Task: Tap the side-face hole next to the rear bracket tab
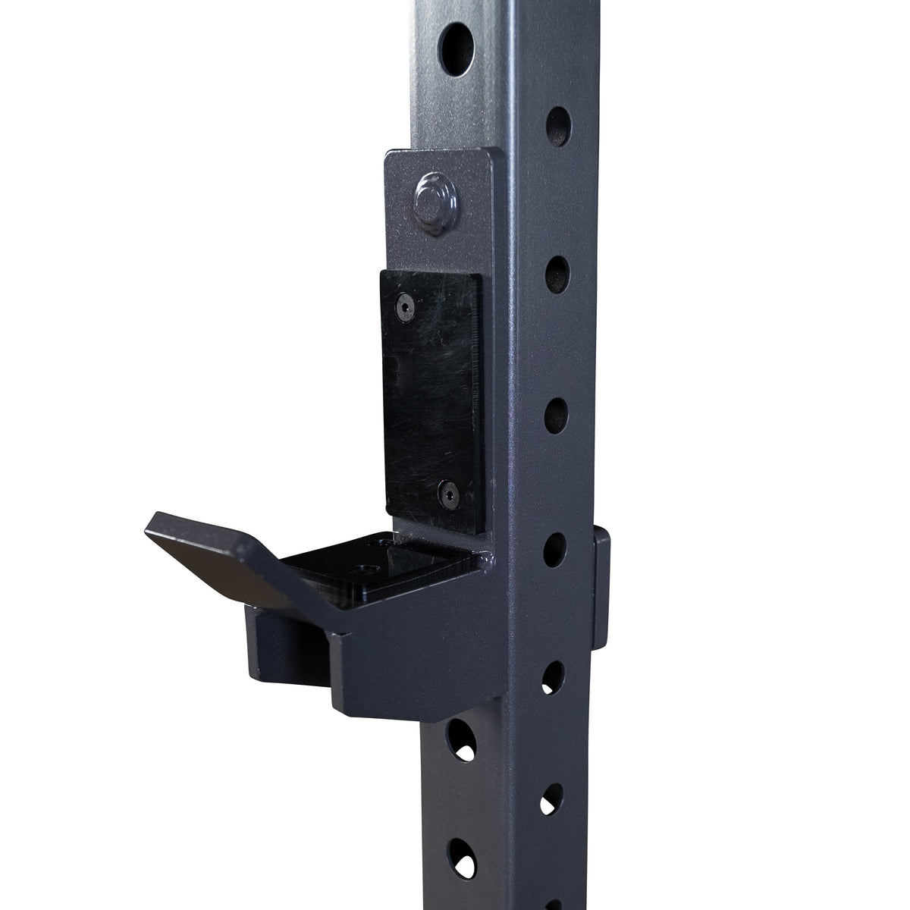[x=556, y=547]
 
